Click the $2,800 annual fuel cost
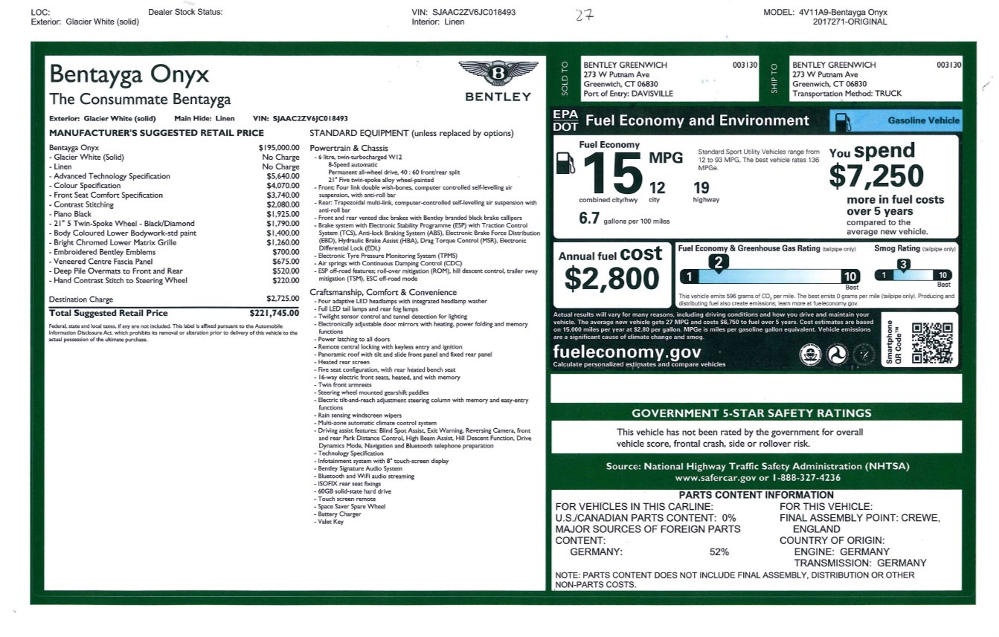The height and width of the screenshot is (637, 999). point(611,278)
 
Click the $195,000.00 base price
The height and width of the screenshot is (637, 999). point(279,148)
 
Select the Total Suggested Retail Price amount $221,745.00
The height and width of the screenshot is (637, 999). point(274,314)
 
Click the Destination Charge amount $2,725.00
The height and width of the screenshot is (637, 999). point(283,299)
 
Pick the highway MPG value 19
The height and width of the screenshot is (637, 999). point(701,188)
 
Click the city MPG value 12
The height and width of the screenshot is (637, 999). point(657,188)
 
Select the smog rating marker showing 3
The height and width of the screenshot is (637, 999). point(902,264)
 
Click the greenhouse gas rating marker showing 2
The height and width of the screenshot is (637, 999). point(718,261)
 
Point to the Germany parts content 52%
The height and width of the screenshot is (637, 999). point(719,552)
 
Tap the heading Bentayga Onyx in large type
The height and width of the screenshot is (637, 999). point(129,74)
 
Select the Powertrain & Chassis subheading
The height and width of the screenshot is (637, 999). point(349,148)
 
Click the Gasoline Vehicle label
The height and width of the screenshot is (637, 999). point(923,120)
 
